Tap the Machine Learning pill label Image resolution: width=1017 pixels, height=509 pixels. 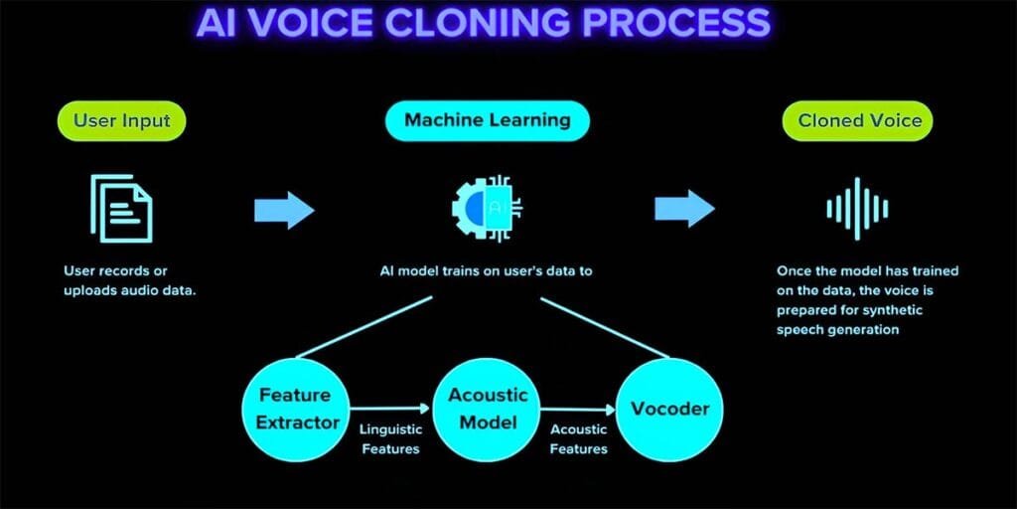tap(487, 120)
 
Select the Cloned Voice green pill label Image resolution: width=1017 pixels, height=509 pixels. tap(859, 121)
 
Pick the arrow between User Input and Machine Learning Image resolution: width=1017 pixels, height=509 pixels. tap(284, 209)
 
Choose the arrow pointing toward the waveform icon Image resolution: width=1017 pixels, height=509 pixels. tap(684, 209)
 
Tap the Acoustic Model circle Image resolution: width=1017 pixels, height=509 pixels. tap(489, 409)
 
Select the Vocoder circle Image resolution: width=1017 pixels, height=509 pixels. tap(670, 409)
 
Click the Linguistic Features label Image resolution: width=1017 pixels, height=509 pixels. tap(391, 438)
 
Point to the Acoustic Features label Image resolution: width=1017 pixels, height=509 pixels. tap(578, 438)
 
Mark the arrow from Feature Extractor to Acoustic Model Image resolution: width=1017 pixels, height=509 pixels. tap(391, 407)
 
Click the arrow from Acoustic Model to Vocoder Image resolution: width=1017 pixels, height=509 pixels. tap(579, 407)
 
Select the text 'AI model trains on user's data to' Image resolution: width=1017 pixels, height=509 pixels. tap(487, 270)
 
